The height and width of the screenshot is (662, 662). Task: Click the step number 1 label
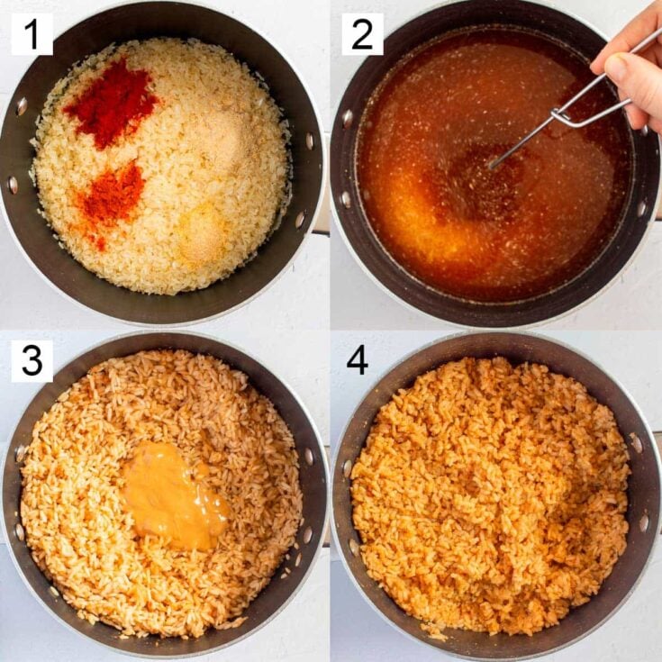click(32, 34)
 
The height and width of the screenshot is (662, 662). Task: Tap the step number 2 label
click(362, 34)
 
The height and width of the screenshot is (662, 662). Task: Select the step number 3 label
click(32, 361)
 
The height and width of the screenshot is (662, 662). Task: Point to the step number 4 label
click(357, 360)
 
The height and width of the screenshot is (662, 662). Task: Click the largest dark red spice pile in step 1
click(110, 103)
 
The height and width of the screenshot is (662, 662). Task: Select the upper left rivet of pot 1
click(21, 106)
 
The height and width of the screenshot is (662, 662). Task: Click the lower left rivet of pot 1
click(13, 185)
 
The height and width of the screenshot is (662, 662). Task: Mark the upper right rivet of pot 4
click(637, 443)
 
